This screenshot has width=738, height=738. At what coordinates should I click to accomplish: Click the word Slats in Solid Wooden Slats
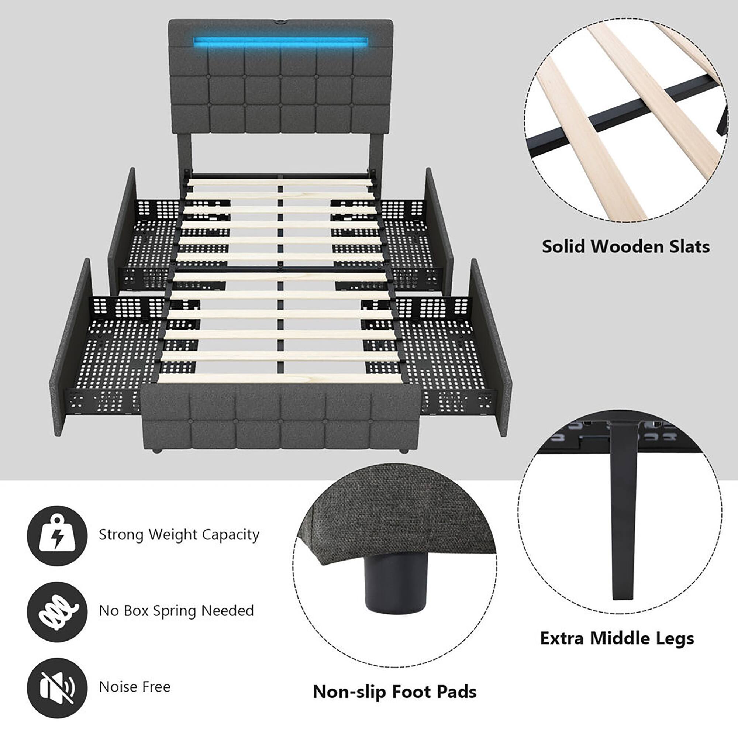686,247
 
